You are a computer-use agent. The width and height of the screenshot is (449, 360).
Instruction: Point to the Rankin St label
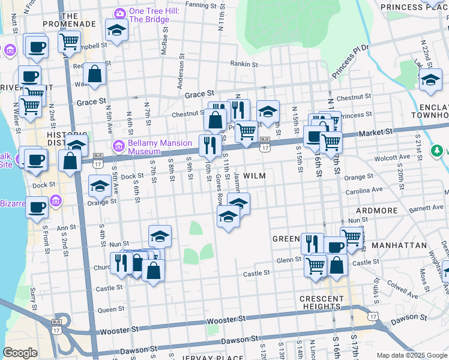click(244, 64)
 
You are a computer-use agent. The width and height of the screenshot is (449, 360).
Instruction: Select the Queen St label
click(110, 310)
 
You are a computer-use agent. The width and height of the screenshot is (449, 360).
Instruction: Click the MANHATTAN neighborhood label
click(399, 246)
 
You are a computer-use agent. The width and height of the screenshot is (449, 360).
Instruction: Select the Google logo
click(20, 353)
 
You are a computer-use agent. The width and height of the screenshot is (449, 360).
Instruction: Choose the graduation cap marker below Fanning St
click(116, 31)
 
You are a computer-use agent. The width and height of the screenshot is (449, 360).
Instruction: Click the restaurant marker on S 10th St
click(208, 145)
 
